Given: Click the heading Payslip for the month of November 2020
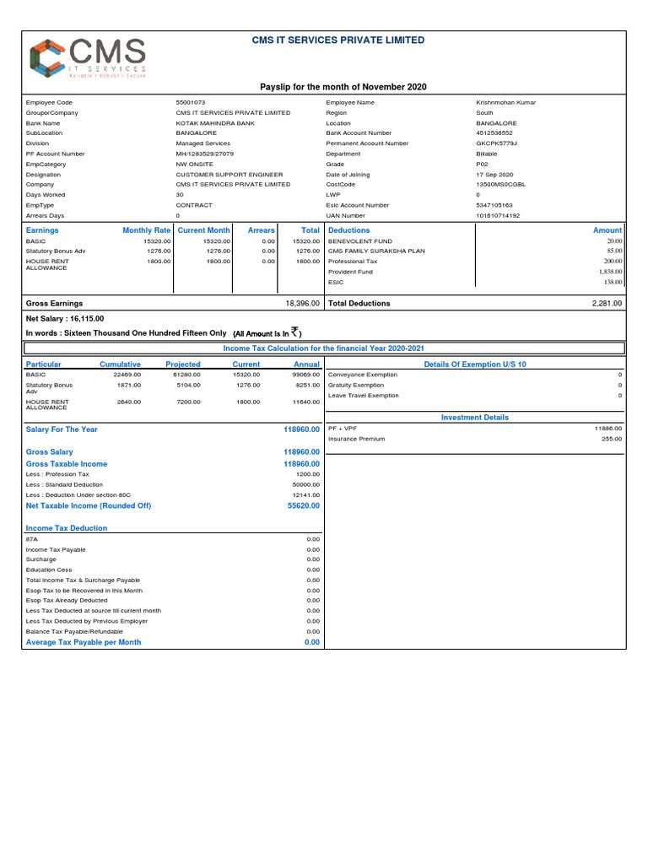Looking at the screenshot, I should (343, 87).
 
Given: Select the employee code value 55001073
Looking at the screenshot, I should (191, 102).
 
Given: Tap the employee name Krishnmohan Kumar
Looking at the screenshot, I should (505, 102).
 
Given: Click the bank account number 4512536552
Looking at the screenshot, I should (494, 133).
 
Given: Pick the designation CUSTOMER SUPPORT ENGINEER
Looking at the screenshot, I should (229, 174).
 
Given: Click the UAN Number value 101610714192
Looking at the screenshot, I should (498, 215).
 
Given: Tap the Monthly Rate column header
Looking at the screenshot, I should (147, 229).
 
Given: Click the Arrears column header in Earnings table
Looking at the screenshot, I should (262, 229).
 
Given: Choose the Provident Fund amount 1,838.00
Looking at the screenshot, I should (610, 272).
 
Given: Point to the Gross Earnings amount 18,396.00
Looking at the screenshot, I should (303, 303).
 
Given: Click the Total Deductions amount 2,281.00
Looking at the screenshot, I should (606, 303).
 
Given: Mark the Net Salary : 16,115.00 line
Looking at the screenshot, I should (66, 319).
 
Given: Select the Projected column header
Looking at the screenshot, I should (183, 364).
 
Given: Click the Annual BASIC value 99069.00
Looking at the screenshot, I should (306, 375).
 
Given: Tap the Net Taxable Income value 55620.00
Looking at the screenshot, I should (304, 505).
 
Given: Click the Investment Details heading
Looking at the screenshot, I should (475, 417).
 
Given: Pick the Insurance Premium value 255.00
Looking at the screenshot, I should (612, 439).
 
